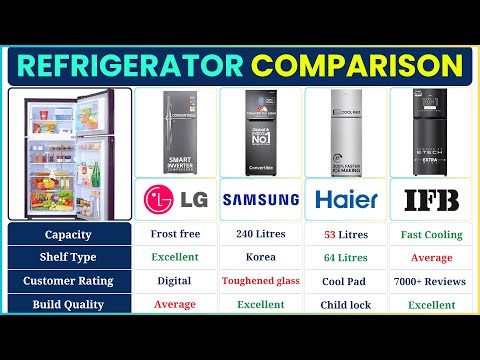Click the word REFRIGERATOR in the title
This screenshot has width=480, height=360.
[130, 65]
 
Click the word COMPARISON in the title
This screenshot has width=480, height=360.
[357, 65]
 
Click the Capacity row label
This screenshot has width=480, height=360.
[69, 235]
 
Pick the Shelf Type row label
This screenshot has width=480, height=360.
[69, 258]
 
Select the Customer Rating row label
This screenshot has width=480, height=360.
[69, 281]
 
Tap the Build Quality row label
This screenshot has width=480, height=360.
[69, 304]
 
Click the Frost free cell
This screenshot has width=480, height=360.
[174, 235]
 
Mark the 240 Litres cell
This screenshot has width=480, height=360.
[260, 235]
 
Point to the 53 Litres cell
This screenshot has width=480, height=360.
[345, 235]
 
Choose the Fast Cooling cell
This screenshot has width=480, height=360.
[431, 235]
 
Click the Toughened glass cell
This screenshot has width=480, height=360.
[260, 281]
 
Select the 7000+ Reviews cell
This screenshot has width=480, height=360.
[431, 281]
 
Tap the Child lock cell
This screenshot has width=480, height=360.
[345, 304]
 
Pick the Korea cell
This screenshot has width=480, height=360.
[260, 258]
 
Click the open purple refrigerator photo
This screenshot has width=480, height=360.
[68, 152]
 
